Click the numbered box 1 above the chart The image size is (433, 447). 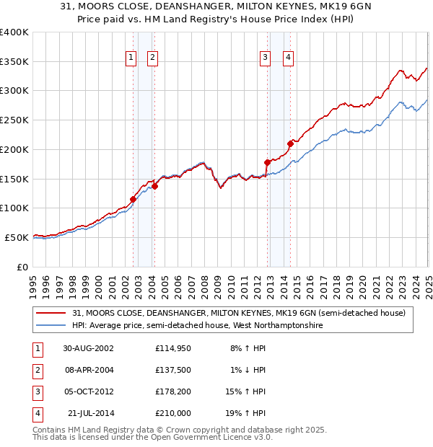(131, 58)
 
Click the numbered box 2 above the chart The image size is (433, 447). (153, 58)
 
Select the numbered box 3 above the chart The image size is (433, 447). (266, 58)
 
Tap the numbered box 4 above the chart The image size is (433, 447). (288, 58)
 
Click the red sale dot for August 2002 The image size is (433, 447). (133, 199)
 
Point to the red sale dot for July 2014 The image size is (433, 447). (289, 143)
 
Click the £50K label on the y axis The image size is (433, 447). (17, 237)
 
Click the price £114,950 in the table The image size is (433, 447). (172, 348)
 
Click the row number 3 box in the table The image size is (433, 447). (36, 391)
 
